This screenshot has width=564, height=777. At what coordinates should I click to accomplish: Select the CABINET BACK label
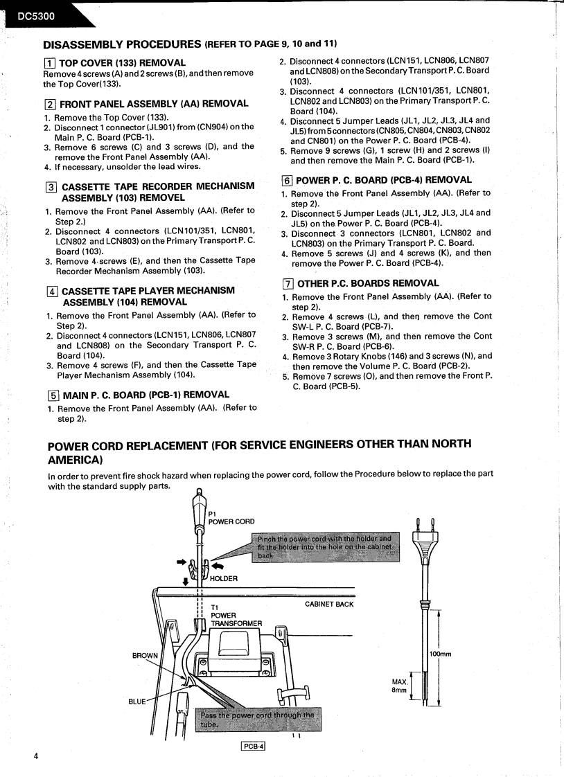point(329,604)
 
